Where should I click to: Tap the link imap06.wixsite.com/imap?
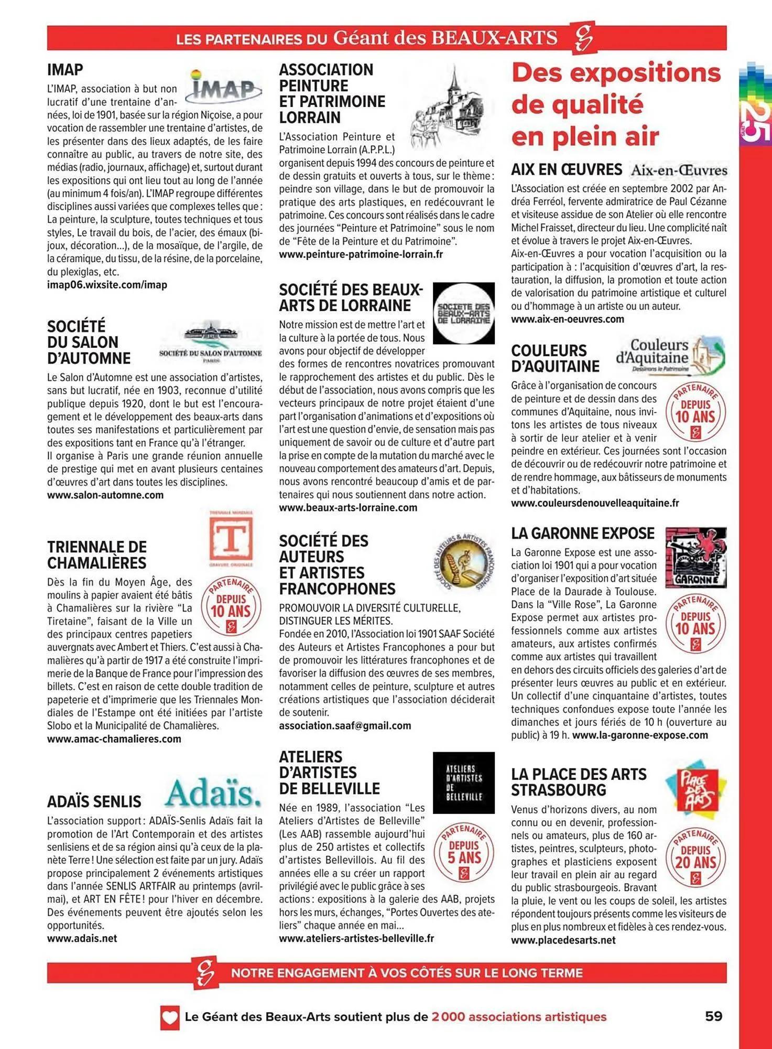(107, 285)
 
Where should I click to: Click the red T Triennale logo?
(231, 538)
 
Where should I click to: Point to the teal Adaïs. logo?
(213, 793)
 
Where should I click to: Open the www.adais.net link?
(82, 938)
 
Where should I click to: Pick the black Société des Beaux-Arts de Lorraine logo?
(464, 313)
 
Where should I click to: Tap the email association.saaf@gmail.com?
(345, 726)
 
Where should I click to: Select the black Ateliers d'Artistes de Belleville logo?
(464, 783)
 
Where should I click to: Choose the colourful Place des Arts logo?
(695, 787)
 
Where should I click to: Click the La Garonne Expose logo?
(695, 557)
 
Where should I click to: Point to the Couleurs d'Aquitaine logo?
(671, 356)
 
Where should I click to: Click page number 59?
(713, 1016)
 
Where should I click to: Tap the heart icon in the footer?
(170, 1017)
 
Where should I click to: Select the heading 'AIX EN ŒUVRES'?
(567, 170)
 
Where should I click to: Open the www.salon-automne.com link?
(105, 495)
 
